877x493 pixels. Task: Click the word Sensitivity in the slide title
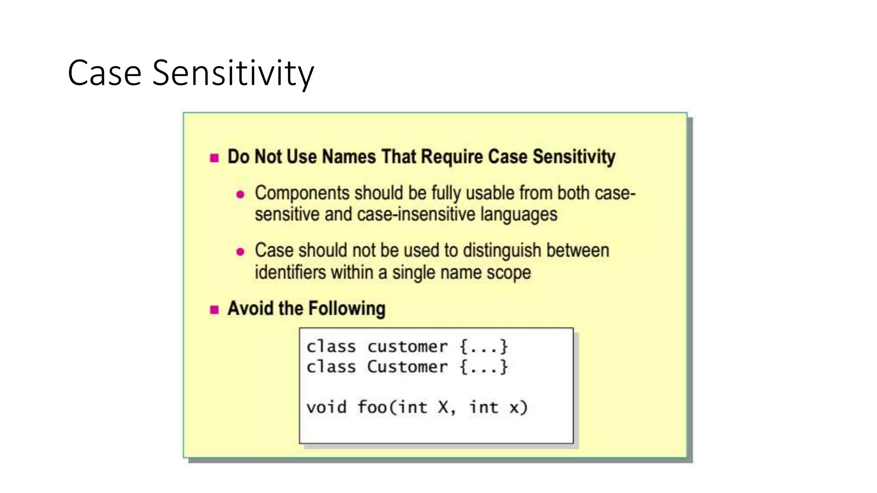[233, 73]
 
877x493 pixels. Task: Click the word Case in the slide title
[104, 73]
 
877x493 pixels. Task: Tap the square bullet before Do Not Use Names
[215, 158]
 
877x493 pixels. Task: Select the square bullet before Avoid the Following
[215, 309]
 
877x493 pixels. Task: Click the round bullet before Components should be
[240, 195]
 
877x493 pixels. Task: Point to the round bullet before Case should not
[240, 252]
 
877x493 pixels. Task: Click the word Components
[301, 193]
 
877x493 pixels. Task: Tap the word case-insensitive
[415, 214]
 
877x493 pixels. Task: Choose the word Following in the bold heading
[347, 309]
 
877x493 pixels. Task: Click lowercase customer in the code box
[407, 347]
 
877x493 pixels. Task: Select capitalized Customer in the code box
[407, 367]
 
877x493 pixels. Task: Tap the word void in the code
[326, 407]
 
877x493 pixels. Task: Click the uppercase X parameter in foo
[443, 407]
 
